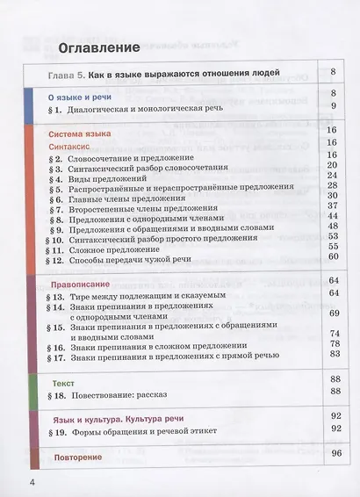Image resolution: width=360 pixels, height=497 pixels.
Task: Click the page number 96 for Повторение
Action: pos(333,455)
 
